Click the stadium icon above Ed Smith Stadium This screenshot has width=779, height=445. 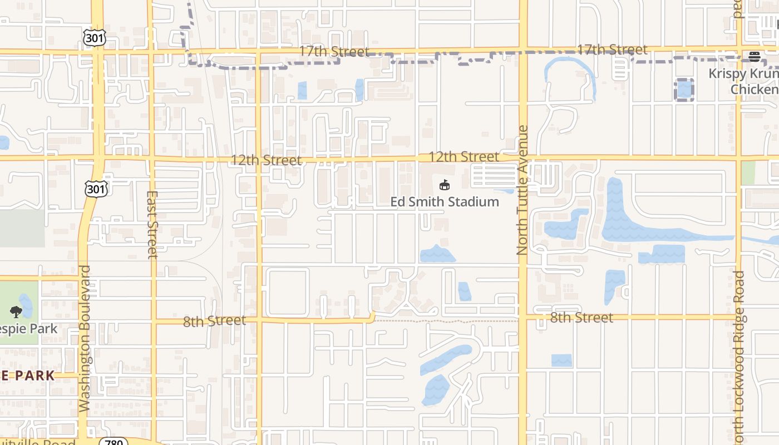click(x=444, y=185)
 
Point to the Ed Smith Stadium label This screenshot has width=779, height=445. click(x=445, y=201)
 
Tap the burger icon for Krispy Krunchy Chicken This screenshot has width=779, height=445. click(x=754, y=56)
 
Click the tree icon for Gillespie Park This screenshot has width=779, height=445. click(x=16, y=312)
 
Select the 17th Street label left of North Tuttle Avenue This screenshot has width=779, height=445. click(x=334, y=52)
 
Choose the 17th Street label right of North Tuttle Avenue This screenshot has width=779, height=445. click(x=612, y=50)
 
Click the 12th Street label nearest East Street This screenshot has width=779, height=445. click(x=267, y=160)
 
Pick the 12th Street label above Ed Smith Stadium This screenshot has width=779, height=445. click(x=464, y=157)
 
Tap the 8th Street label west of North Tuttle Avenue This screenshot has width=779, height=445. click(x=214, y=321)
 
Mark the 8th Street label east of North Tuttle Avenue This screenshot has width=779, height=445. click(x=581, y=318)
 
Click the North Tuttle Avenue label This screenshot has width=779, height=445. click(x=522, y=190)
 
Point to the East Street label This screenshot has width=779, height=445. click(x=152, y=225)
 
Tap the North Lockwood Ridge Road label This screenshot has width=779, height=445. click(x=738, y=356)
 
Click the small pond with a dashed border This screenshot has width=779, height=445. click(x=684, y=90)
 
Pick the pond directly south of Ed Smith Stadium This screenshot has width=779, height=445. click(x=437, y=255)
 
